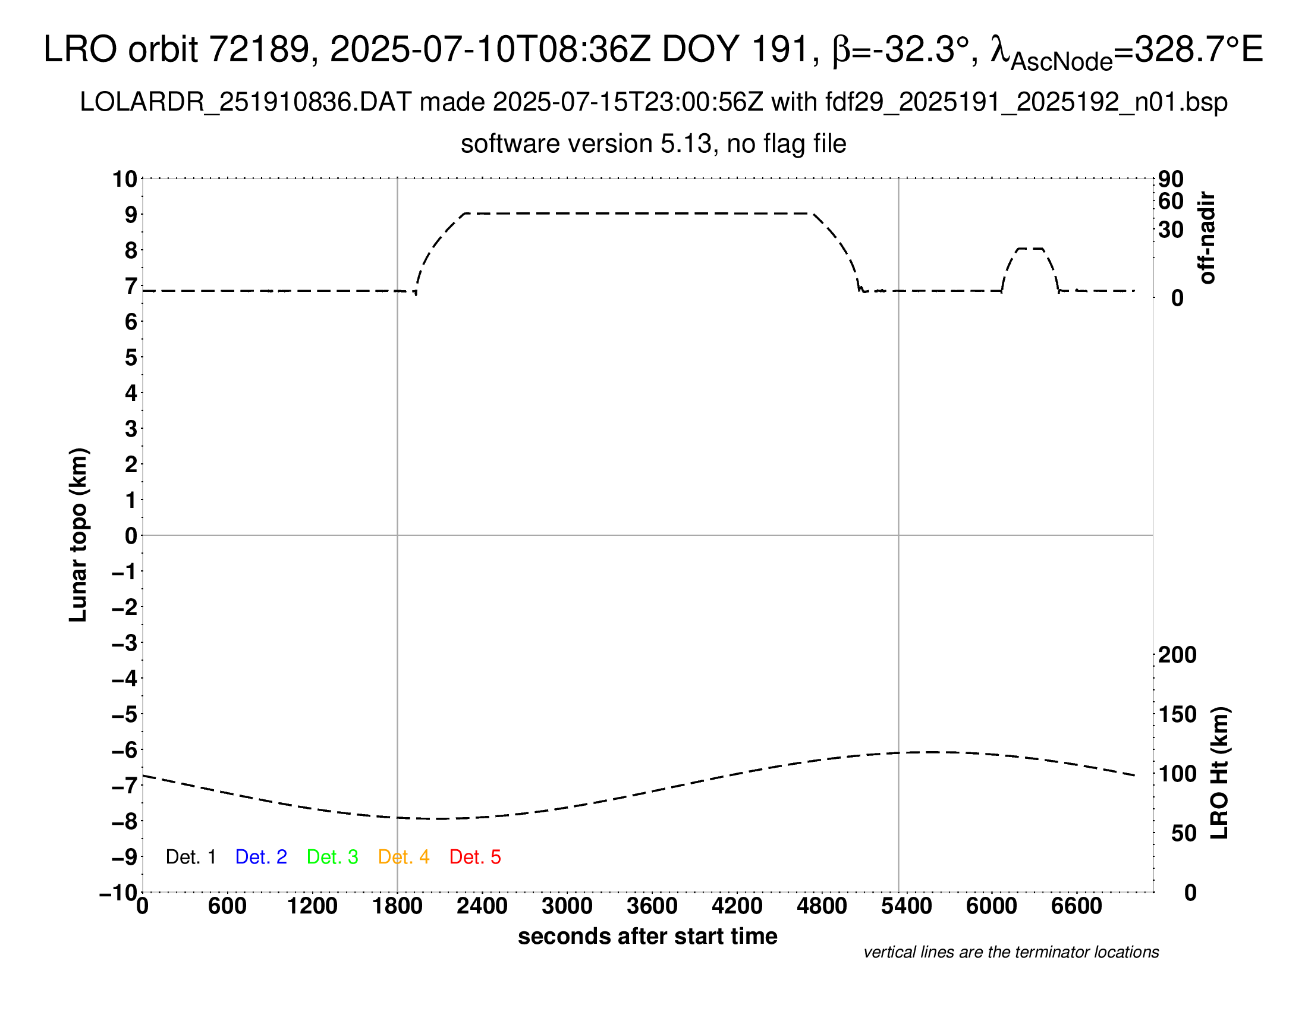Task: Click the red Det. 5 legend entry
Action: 475,857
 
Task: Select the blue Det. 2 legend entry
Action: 261,857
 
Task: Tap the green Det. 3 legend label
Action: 332,857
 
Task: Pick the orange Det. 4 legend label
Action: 404,857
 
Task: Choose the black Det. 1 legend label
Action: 190,857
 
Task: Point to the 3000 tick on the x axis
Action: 567,906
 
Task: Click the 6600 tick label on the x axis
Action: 1076,906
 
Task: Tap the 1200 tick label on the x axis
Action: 312,906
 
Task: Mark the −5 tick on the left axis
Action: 125,714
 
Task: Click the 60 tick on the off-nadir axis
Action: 1171,201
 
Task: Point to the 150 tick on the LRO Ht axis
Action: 1177,714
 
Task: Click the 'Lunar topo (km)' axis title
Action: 78,535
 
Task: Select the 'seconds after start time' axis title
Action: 647,936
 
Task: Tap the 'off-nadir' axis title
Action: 1207,238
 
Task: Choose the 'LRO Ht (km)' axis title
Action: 1220,773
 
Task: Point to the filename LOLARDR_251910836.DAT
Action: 246,102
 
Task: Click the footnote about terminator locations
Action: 1011,952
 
